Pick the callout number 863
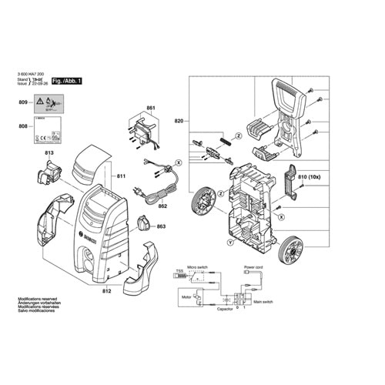162,227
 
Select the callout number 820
180,121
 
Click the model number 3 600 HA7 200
35,74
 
